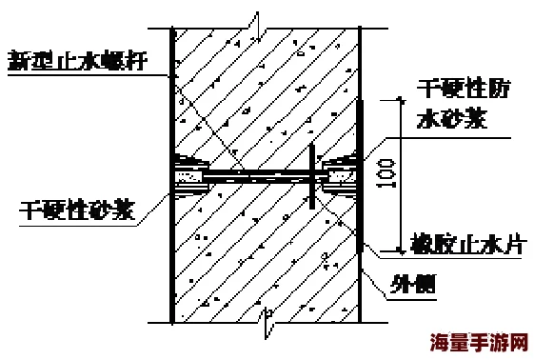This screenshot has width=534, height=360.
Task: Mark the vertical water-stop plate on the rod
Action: coord(312,176)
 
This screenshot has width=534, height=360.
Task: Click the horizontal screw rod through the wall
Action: coord(257,176)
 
